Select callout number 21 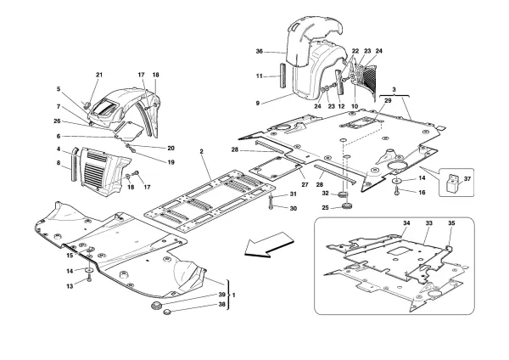click(x=98, y=76)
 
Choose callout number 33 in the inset click(x=429, y=223)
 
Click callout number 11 click(x=260, y=77)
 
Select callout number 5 click(x=59, y=90)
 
